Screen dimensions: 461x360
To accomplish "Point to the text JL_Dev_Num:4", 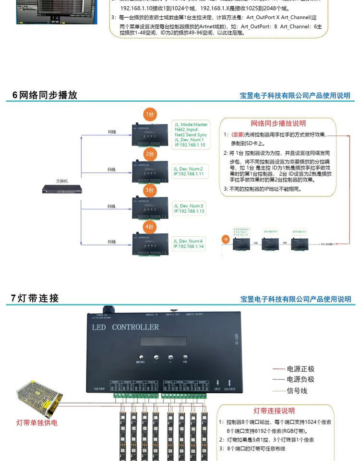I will (x=188, y=241).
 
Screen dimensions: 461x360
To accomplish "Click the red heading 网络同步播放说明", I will (x=278, y=124).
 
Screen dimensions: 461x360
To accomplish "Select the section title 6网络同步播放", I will (x=45, y=95).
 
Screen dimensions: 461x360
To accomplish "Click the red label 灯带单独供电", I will (x=37, y=423).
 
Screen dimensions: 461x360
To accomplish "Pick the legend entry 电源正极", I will (x=300, y=369).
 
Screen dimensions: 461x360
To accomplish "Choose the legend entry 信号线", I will (x=297, y=391).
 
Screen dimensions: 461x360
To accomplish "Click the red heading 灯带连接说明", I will (x=274, y=411).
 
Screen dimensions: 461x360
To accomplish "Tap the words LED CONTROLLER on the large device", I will (x=125, y=328).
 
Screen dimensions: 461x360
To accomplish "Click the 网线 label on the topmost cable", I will (x=111, y=132).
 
